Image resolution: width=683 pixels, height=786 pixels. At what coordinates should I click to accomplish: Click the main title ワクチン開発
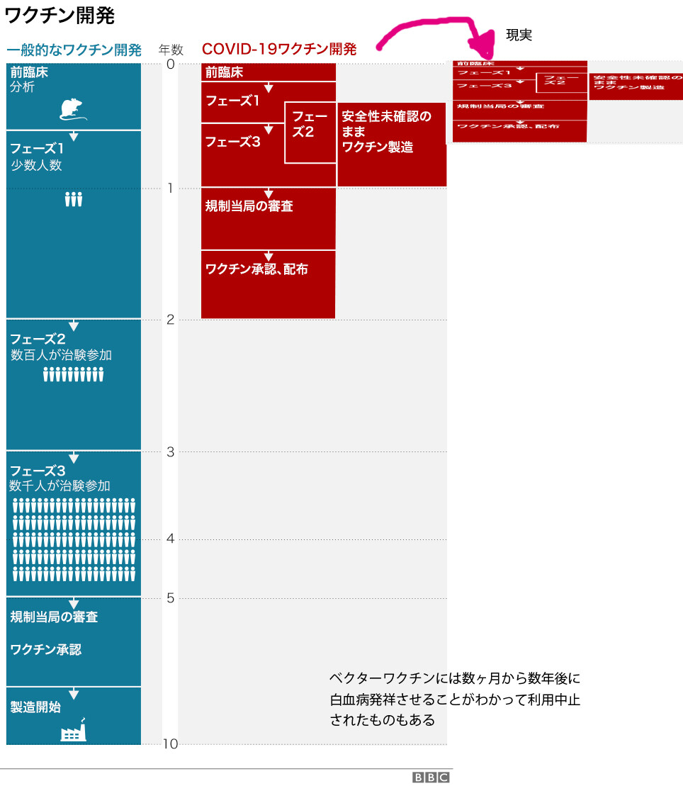click(x=60, y=16)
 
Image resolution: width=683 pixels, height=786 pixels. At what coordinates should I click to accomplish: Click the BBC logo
click(x=431, y=777)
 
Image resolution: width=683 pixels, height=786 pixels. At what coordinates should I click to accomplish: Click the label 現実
click(x=519, y=34)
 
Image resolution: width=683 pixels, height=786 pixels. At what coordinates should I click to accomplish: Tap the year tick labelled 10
click(x=169, y=743)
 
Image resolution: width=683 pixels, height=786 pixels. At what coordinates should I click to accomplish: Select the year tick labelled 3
click(x=170, y=451)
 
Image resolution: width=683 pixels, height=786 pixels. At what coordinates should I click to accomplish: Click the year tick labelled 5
click(x=170, y=598)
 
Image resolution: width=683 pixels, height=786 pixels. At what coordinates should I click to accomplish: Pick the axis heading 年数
click(x=171, y=50)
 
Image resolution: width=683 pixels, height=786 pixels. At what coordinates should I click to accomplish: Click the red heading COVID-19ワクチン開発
click(x=279, y=49)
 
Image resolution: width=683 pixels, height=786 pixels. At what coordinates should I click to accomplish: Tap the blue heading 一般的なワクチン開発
click(x=74, y=50)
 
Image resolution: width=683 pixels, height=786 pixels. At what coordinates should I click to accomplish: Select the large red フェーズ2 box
click(x=310, y=133)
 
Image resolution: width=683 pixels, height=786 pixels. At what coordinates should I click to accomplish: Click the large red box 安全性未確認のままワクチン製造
click(x=392, y=145)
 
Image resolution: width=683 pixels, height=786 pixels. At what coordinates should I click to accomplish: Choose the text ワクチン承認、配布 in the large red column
click(x=256, y=269)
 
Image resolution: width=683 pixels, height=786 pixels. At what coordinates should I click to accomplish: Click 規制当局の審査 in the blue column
click(x=54, y=617)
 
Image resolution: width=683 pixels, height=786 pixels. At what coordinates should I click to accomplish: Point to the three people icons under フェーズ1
click(x=74, y=200)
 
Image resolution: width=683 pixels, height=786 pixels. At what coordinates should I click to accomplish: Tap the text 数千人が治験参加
click(x=60, y=486)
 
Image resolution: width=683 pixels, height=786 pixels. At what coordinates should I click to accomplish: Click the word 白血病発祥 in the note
click(x=362, y=700)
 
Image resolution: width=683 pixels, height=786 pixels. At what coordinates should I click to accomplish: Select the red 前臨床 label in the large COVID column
click(x=224, y=72)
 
